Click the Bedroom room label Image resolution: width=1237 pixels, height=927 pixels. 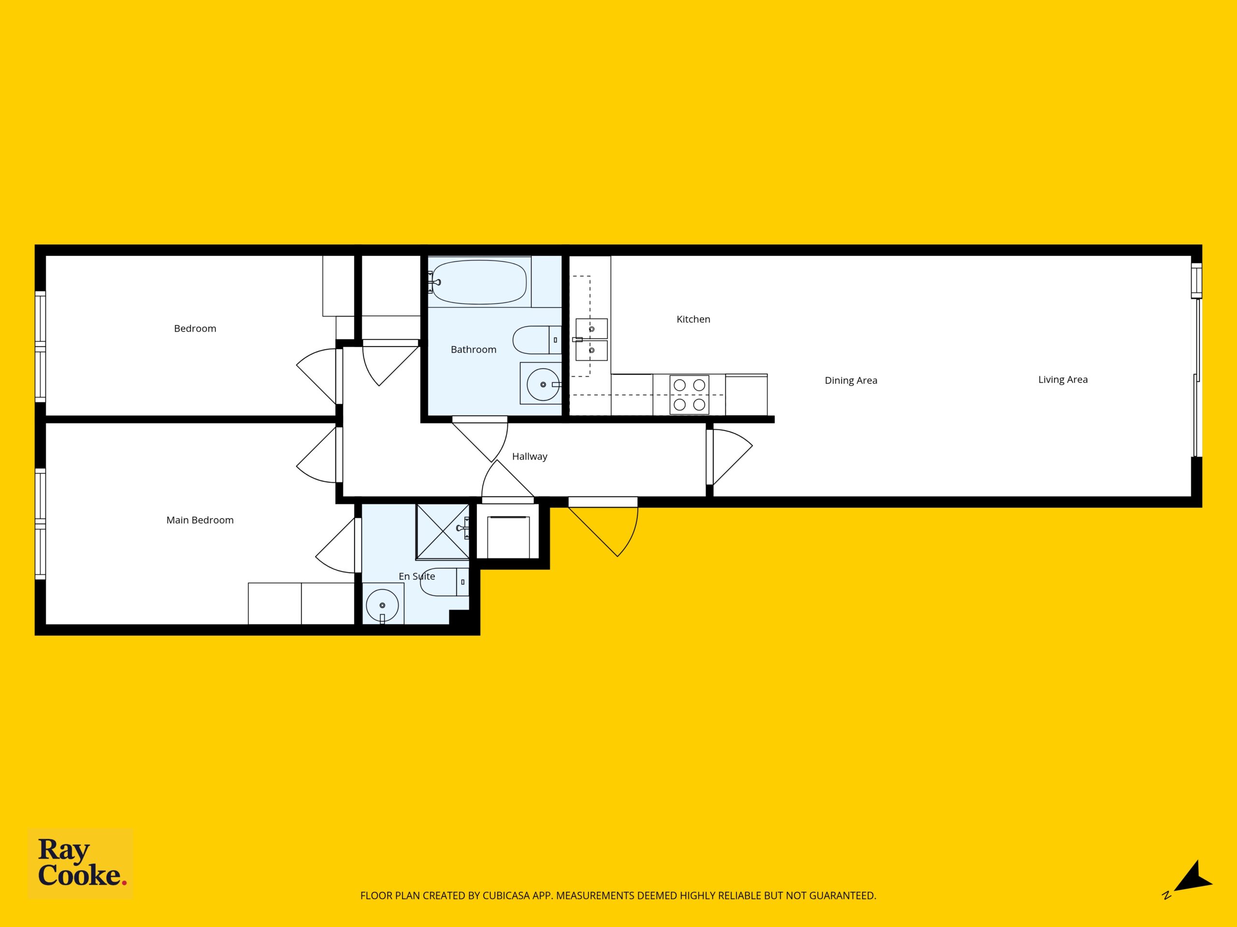[x=195, y=329]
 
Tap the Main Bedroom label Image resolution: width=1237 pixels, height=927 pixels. [x=200, y=520]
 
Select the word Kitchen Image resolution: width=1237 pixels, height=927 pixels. [x=693, y=319]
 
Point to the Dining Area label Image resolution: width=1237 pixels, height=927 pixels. [x=850, y=380]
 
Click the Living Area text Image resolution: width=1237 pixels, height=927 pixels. [x=1063, y=380]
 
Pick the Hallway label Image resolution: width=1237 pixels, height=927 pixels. [x=530, y=457]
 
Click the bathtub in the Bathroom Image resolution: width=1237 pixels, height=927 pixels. [x=479, y=282]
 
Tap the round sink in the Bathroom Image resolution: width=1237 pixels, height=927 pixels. [x=543, y=384]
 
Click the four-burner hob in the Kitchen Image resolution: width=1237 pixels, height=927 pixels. [x=689, y=394]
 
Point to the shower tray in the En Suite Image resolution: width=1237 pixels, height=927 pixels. [x=442, y=532]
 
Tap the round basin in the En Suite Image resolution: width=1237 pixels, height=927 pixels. [x=383, y=605]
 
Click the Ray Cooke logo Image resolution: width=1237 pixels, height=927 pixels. [x=81, y=863]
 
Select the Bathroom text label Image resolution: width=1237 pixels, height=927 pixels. [x=474, y=350]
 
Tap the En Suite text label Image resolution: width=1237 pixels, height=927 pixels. [x=417, y=576]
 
